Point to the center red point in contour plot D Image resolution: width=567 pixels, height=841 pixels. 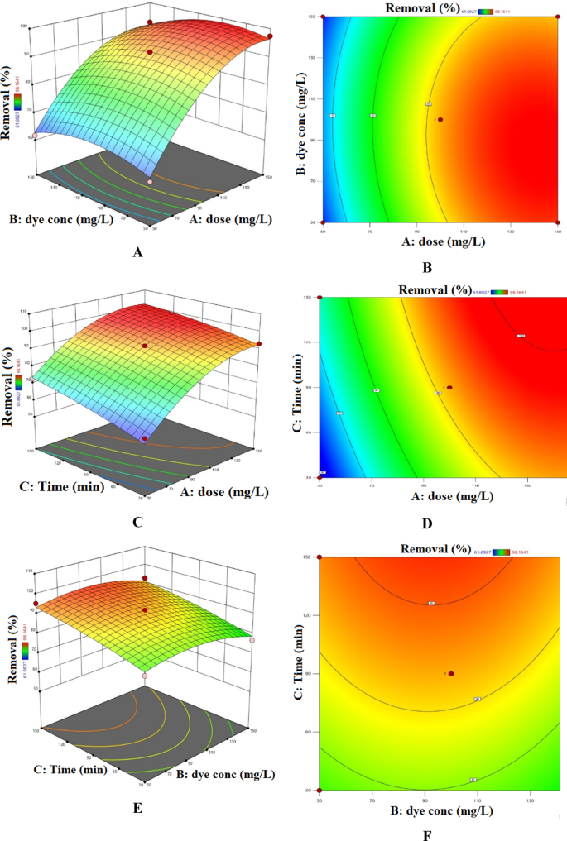pos(449,387)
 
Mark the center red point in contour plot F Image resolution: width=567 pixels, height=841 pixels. pos(452,674)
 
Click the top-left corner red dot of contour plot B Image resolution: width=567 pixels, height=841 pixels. pos(324,17)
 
